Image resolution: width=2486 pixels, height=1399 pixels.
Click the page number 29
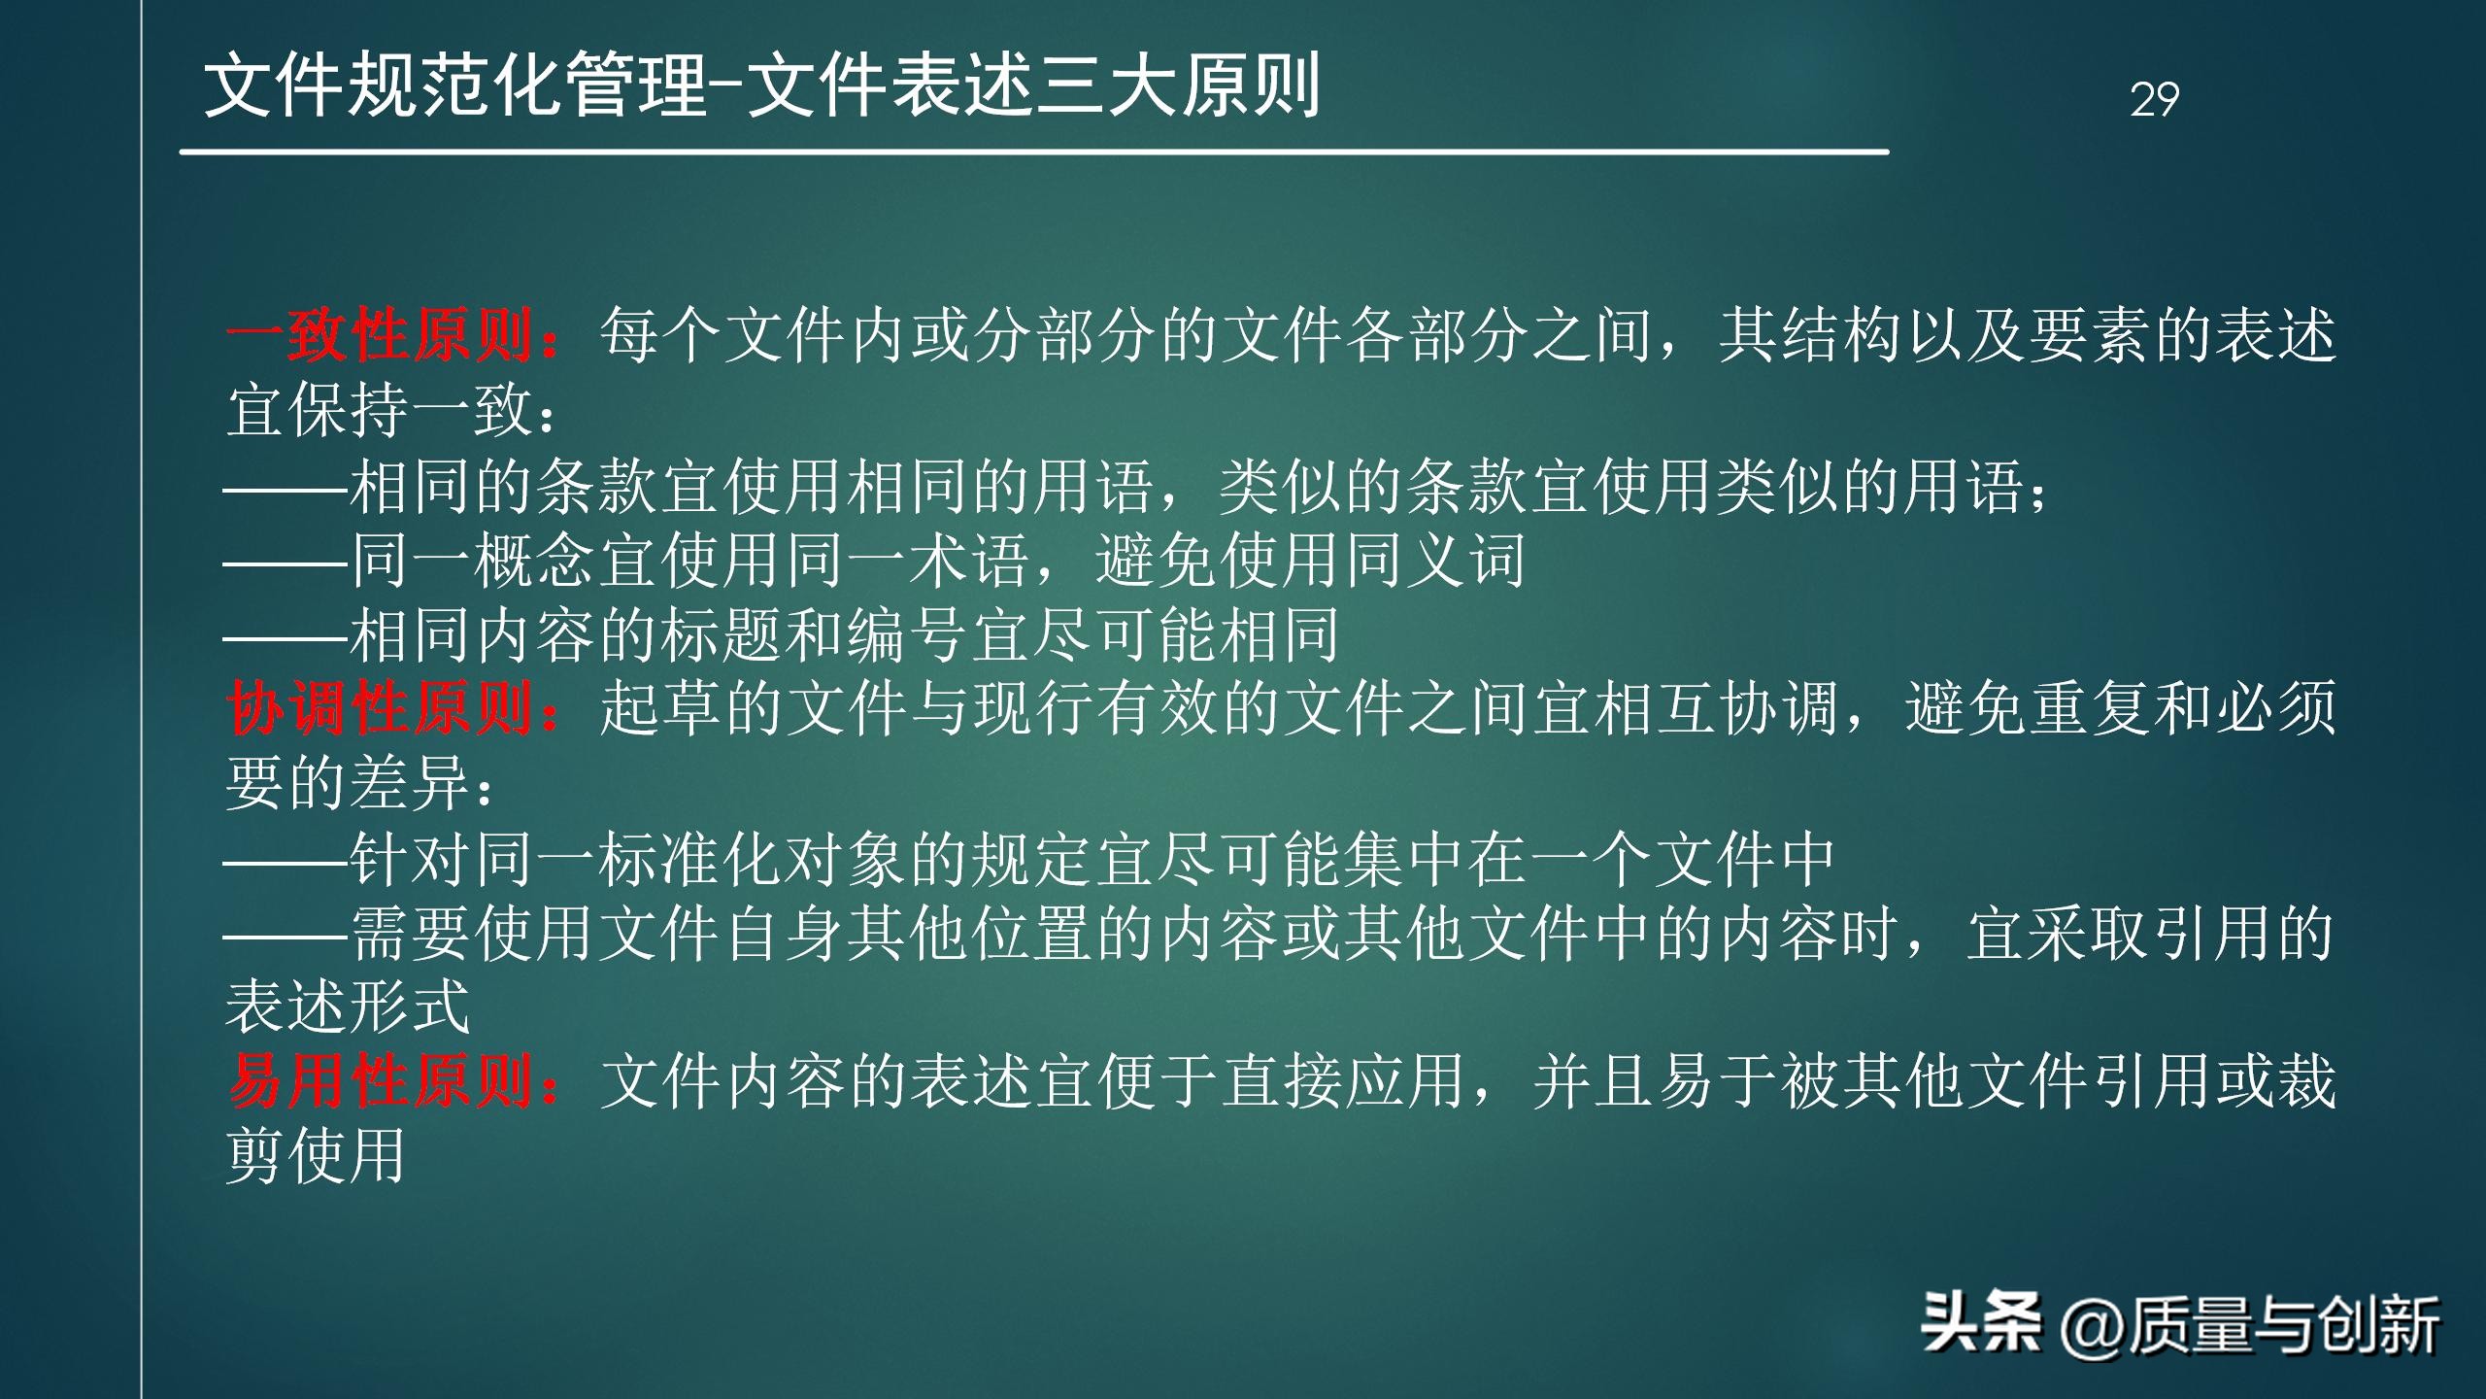tap(2154, 99)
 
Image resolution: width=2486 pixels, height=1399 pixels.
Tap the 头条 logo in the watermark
tap(1981, 1323)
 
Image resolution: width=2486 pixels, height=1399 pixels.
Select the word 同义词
tap(1435, 561)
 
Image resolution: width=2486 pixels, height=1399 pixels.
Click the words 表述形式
tap(348, 1007)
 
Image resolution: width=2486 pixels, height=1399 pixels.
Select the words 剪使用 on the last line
tap(317, 1156)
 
